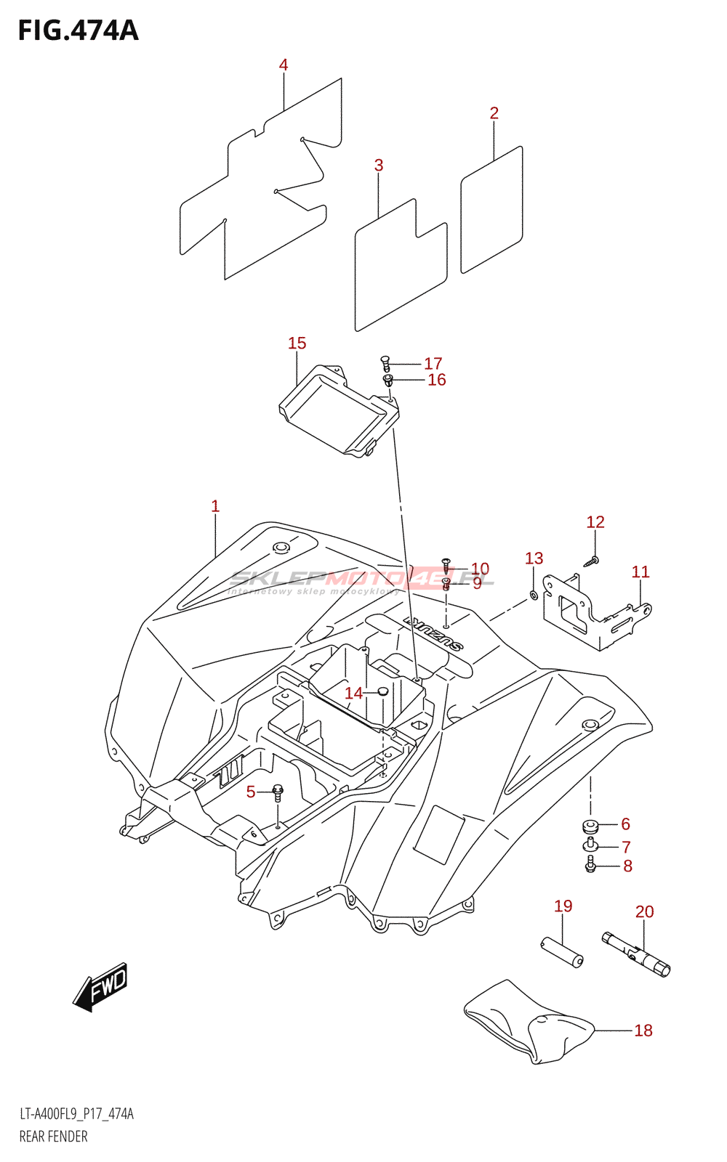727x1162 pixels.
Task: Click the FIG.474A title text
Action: tap(78, 31)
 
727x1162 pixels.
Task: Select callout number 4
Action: tap(284, 65)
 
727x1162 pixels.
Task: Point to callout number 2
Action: tap(494, 113)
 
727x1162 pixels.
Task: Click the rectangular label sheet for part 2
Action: tap(491, 211)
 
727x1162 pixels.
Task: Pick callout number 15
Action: tap(297, 344)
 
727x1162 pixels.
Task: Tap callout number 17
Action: tap(433, 363)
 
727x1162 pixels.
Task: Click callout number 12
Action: tap(595, 522)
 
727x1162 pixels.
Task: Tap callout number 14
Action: tap(353, 694)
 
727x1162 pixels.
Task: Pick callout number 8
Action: tap(627, 866)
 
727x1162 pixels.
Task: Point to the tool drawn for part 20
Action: tap(637, 954)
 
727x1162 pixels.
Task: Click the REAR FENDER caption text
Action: tap(53, 1137)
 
